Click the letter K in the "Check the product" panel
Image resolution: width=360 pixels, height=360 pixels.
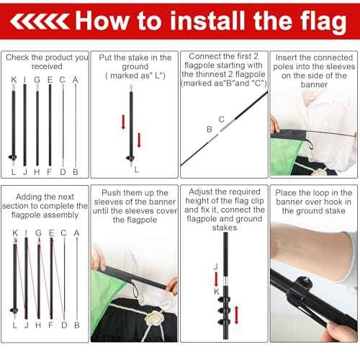(x=14, y=80)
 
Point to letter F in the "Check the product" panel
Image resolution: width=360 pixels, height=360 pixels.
(x=50, y=171)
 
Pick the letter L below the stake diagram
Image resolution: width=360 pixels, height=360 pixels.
(x=136, y=169)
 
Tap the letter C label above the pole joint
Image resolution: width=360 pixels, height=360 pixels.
(x=221, y=118)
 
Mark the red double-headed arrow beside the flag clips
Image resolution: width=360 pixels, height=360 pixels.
(x=236, y=315)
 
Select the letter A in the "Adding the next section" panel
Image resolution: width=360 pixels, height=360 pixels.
(x=76, y=233)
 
